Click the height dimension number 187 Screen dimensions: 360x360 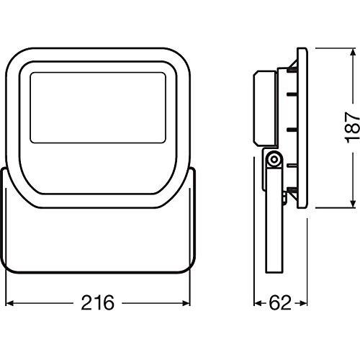tap(350, 128)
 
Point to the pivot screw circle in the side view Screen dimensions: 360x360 tap(274, 159)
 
